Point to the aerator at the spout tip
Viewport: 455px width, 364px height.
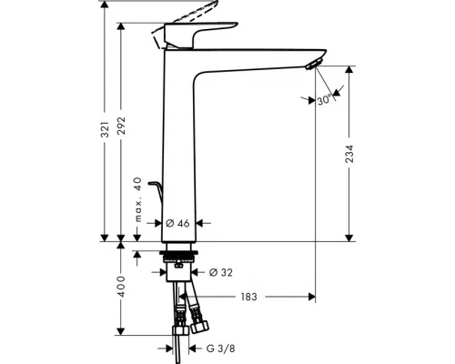tap(314, 63)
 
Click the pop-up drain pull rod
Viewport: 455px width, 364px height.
tap(156, 191)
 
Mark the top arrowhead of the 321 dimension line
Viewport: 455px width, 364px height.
tap(106, 5)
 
